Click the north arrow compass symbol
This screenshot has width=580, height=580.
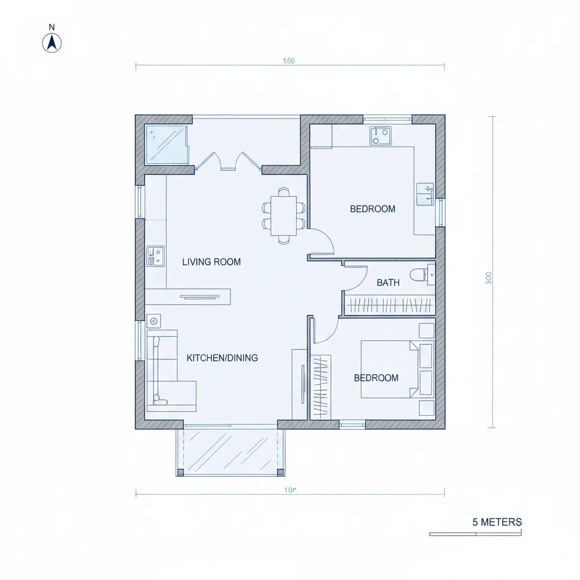click(52, 42)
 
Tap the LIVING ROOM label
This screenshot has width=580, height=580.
click(211, 262)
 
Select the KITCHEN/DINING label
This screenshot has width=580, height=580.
click(222, 358)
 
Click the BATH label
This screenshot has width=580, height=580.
click(388, 283)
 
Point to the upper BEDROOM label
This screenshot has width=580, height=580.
click(373, 209)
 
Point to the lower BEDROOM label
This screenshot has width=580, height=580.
click(376, 378)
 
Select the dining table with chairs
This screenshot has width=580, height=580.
click(283, 216)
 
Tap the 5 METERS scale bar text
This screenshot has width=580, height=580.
click(497, 522)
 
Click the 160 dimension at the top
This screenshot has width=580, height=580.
click(288, 61)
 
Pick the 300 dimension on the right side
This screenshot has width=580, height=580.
click(488, 278)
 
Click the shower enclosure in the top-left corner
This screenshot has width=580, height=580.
click(167, 144)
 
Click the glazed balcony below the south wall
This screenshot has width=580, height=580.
click(231, 450)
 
